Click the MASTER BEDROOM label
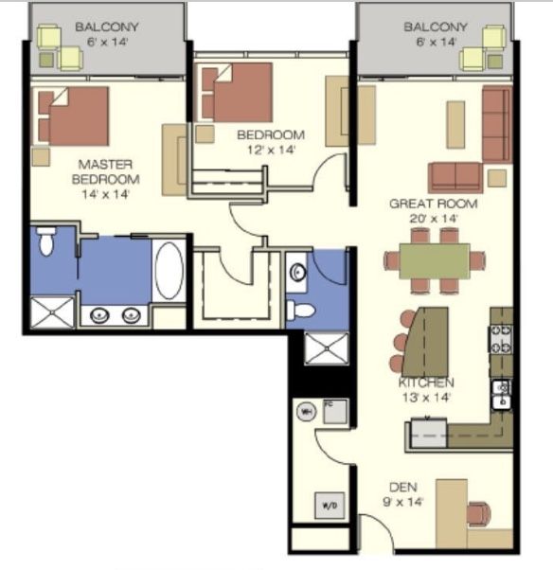(105, 172)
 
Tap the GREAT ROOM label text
(434, 204)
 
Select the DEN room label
(402, 487)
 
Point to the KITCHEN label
(426, 383)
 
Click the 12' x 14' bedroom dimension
(271, 150)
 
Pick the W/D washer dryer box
(329, 506)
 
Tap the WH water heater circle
(307, 412)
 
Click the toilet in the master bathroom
(46, 240)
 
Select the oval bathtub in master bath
(169, 271)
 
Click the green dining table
(435, 261)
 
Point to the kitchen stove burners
(501, 339)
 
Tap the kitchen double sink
(502, 395)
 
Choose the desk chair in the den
(479, 514)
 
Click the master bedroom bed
(74, 116)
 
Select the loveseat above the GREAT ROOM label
(455, 177)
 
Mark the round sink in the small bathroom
(297, 273)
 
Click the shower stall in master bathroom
(53, 312)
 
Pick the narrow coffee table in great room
(455, 125)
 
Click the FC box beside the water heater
(335, 411)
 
